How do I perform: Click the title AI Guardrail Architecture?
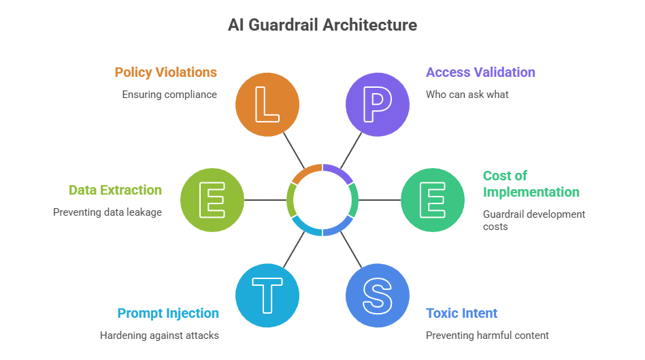click(x=322, y=26)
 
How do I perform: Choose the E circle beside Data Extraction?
click(x=212, y=200)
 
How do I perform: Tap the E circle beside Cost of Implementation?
click(x=432, y=200)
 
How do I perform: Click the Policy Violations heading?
click(x=165, y=72)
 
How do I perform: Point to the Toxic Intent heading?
click(x=461, y=313)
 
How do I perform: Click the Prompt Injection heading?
click(x=168, y=313)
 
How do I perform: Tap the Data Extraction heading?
click(x=115, y=190)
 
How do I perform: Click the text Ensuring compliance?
click(x=169, y=95)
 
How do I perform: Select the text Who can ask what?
click(x=467, y=95)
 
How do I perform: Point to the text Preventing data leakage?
click(x=107, y=212)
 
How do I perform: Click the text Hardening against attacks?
click(x=159, y=335)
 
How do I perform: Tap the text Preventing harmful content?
click(x=487, y=335)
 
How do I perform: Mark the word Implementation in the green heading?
click(x=531, y=192)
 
